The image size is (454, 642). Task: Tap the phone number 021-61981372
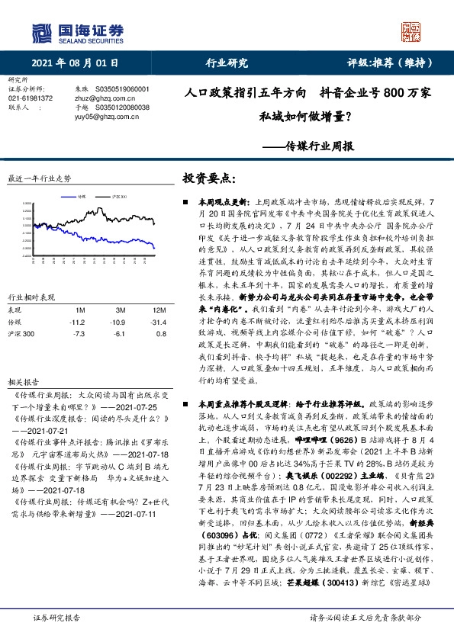click(x=30, y=98)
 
